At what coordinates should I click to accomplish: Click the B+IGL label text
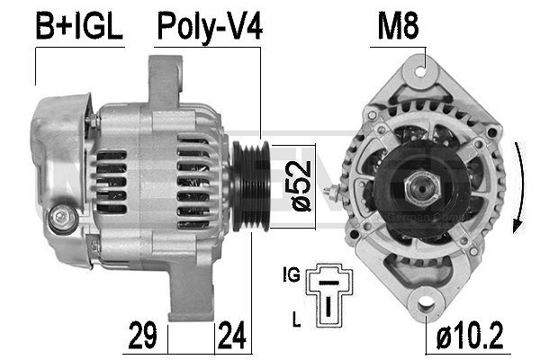click(77, 27)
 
